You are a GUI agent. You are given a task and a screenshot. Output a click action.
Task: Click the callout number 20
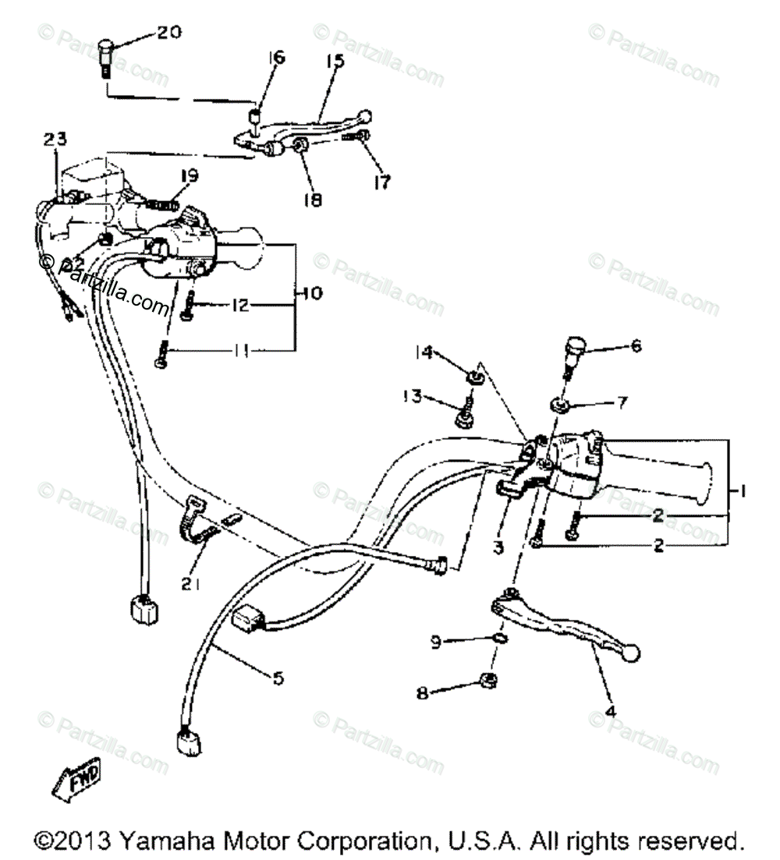[x=168, y=32]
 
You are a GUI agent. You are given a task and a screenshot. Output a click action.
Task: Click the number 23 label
[x=55, y=139]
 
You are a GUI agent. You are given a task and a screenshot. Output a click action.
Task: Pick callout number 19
[x=190, y=175]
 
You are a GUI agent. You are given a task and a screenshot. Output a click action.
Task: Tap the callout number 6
[x=636, y=345]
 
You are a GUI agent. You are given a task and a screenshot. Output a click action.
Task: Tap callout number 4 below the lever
[x=611, y=711]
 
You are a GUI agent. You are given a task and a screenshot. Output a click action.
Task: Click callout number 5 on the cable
[x=278, y=678]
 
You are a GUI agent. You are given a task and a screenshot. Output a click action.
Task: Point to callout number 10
[x=312, y=294]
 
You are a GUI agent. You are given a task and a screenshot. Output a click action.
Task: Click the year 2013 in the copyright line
[x=84, y=841]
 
